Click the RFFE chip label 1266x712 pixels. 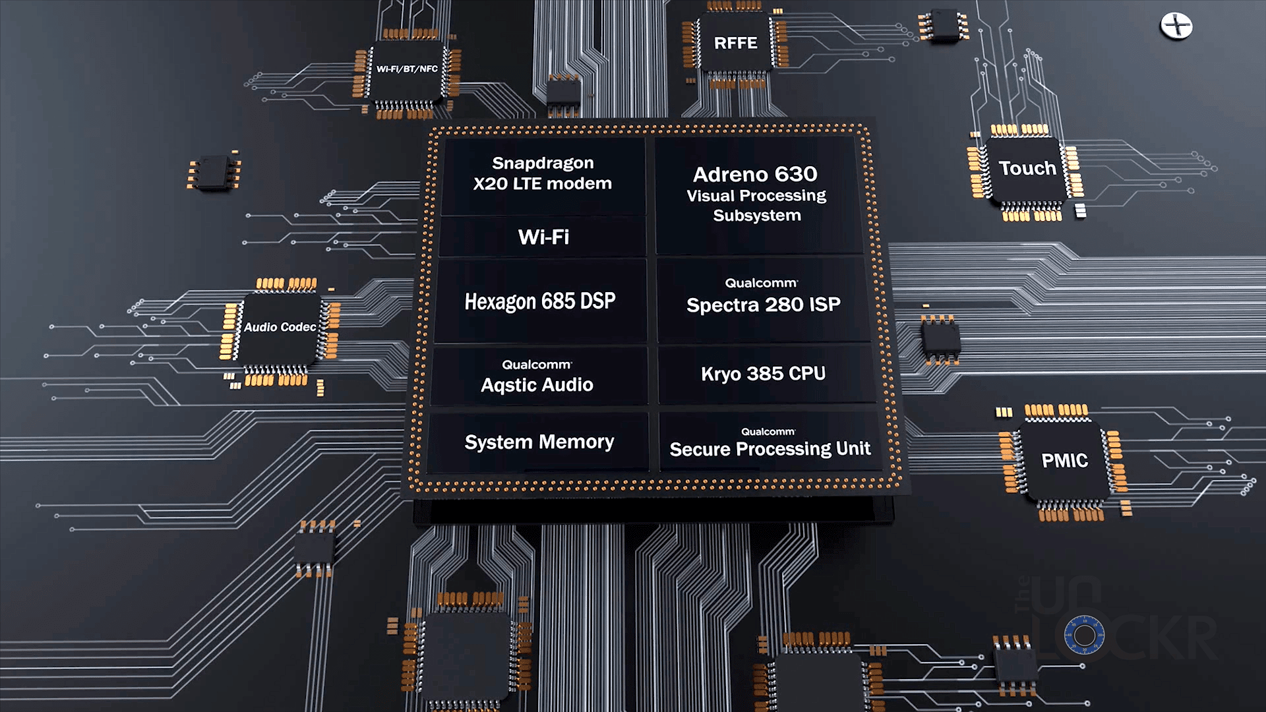click(735, 44)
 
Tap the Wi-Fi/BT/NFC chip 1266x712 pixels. click(407, 69)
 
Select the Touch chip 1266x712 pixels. click(1027, 169)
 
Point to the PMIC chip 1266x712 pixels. click(1064, 460)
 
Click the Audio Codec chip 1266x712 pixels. click(280, 327)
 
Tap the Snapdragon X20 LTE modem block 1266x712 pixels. click(542, 173)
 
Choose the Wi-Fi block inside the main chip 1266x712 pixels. click(543, 237)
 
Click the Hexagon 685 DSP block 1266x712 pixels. click(540, 301)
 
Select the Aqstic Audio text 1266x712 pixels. click(537, 385)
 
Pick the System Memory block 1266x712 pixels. click(539, 442)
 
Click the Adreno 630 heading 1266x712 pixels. click(755, 174)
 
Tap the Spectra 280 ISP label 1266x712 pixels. click(763, 305)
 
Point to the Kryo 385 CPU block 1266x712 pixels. click(763, 374)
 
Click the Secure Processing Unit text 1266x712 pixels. click(769, 450)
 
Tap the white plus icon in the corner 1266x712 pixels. click(1176, 26)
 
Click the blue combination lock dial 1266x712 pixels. click(1084, 636)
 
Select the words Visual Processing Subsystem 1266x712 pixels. click(756, 206)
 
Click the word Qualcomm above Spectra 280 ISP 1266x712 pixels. click(761, 283)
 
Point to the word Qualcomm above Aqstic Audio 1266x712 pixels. click(537, 365)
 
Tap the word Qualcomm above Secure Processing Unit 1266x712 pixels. click(768, 432)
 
